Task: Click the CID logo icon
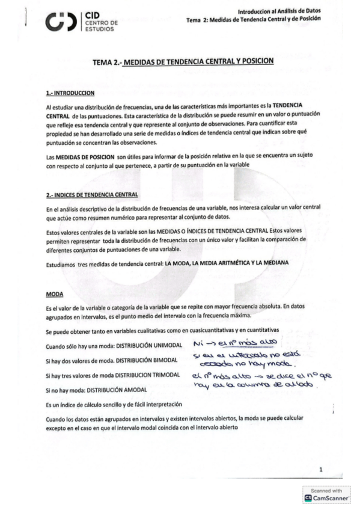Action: pos(61,23)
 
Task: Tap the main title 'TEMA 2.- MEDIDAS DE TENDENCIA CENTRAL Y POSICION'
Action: pos(183,61)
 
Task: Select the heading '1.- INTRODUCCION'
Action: pos(70,93)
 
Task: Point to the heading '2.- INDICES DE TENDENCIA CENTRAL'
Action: pos(92,195)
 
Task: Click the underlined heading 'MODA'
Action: pos(55,295)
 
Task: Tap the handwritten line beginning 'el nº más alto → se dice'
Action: pos(262,376)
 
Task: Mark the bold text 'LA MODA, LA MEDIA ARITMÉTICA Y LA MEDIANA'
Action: pos(218,263)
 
